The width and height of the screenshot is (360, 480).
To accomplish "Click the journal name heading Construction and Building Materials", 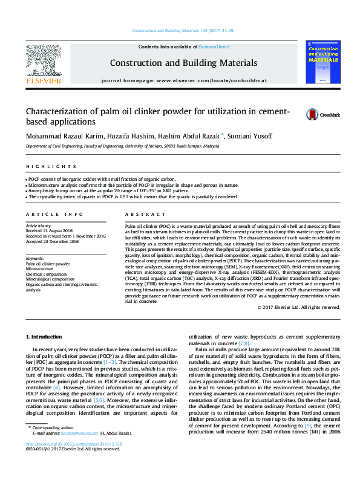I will click(x=183, y=63).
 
